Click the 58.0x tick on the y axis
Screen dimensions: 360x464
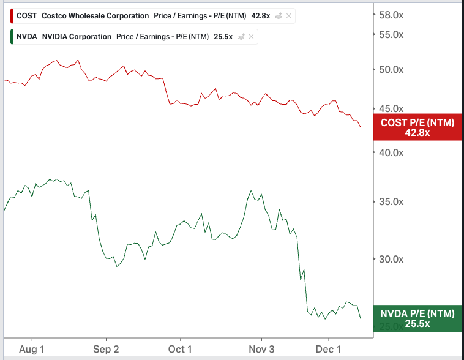(391, 15)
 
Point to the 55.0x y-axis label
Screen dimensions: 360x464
(391, 34)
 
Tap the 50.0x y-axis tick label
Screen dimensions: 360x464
(391, 70)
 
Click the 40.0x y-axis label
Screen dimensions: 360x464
(391, 152)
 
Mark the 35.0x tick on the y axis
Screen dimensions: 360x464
(391, 202)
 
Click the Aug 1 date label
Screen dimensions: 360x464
(32, 349)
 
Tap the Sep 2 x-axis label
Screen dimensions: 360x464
(107, 349)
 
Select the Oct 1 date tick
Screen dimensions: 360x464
(181, 349)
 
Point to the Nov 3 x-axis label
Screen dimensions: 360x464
(262, 349)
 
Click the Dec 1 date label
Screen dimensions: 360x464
(328, 349)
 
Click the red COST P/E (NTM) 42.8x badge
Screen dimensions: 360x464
(417, 127)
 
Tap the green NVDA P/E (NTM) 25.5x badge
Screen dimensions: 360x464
(417, 318)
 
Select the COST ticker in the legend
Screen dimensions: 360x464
(26, 16)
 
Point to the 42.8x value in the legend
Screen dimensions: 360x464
(261, 16)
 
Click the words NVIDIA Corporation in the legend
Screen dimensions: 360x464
(77, 37)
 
